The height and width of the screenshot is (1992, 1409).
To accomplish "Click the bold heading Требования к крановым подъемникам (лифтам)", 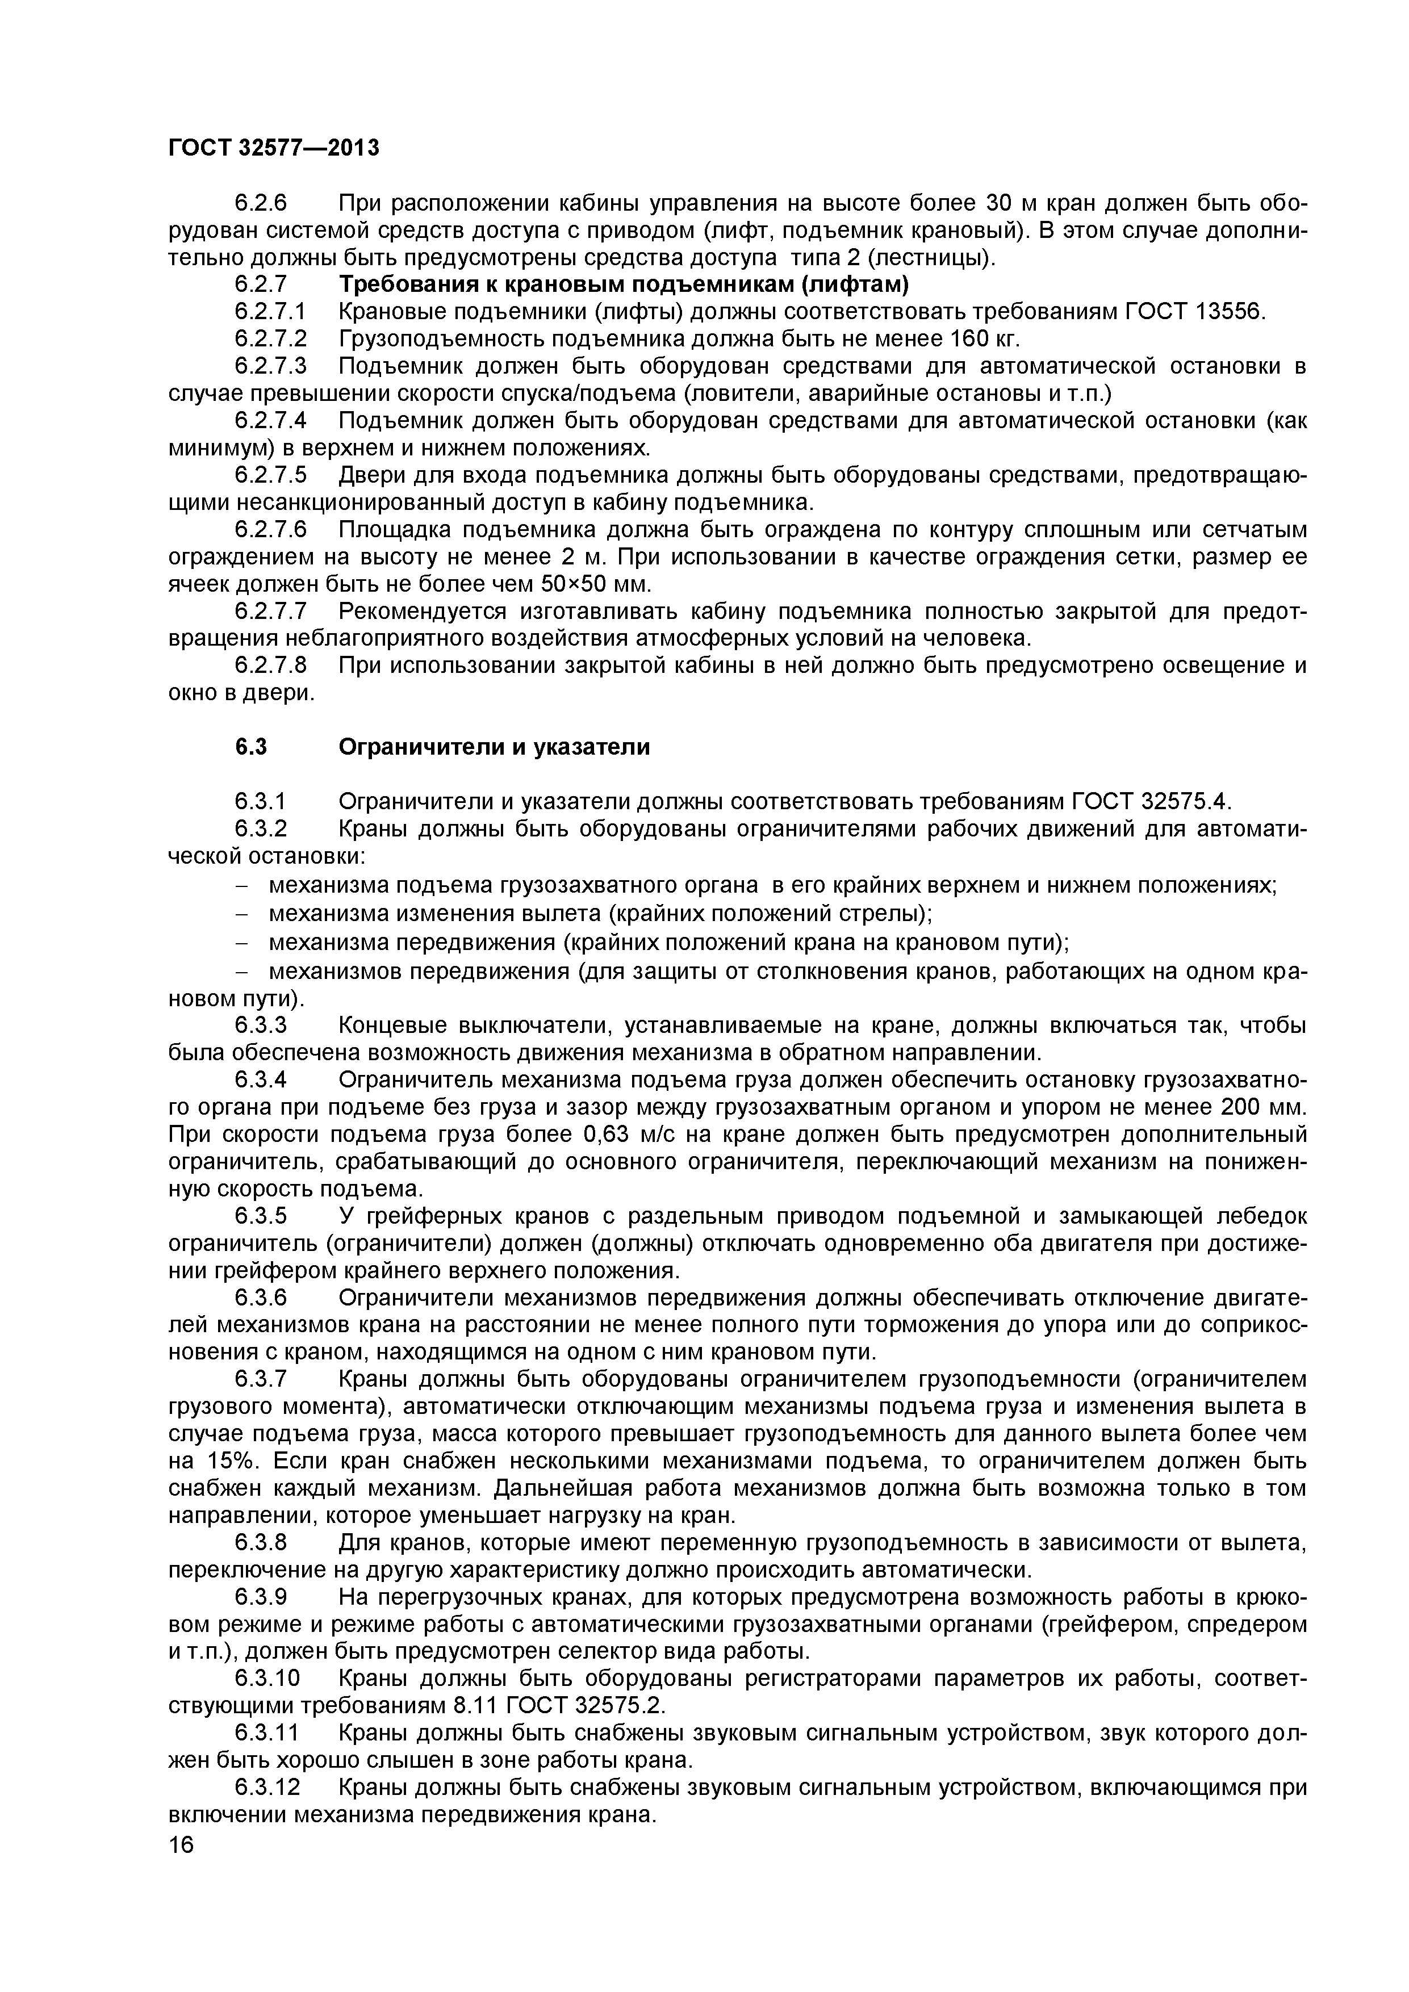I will [x=623, y=284].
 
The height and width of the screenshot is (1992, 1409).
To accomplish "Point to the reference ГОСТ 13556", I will [x=1195, y=312].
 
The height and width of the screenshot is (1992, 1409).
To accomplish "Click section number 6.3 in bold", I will [x=251, y=747].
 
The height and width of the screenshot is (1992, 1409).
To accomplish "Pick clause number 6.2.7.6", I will [x=271, y=529].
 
